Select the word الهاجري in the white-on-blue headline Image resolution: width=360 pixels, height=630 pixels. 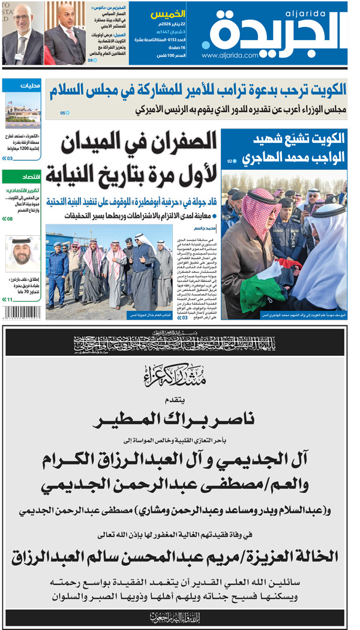(265, 158)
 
